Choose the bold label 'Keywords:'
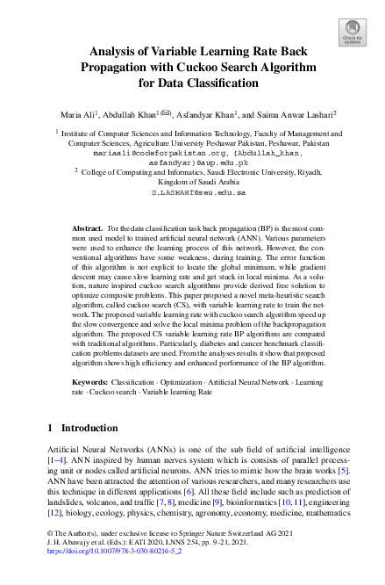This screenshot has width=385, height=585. coord(90,384)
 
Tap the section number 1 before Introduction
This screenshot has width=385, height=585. coord(49,427)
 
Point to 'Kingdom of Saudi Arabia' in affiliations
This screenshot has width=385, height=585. coord(192,181)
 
